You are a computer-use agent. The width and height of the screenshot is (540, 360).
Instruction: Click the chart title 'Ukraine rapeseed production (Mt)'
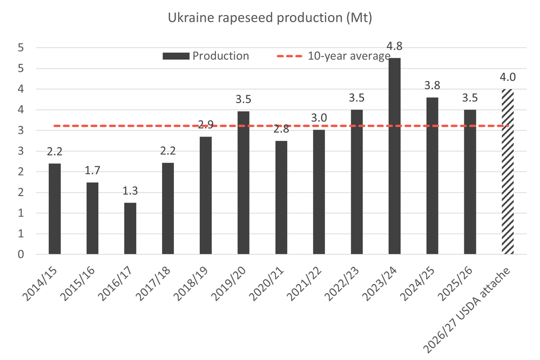[269, 17]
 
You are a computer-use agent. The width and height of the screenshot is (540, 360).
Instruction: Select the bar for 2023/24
[395, 156]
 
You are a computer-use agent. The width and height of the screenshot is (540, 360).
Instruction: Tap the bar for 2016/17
[130, 228]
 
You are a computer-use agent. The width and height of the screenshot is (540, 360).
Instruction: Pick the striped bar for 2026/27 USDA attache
[508, 172]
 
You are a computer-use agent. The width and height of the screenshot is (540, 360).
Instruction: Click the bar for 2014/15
[55, 209]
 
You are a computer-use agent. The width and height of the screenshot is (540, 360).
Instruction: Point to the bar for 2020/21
[281, 198]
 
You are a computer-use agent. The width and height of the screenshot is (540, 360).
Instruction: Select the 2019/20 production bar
[244, 182]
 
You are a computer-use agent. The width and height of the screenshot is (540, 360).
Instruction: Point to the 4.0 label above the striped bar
[508, 80]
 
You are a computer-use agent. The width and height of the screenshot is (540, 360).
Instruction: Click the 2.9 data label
[206, 125]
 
